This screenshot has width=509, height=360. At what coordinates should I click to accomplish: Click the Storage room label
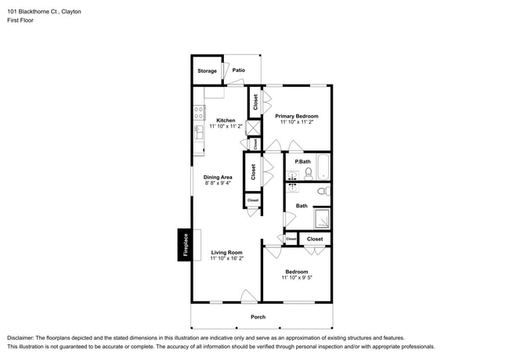207,71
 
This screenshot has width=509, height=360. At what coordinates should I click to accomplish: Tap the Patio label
239,70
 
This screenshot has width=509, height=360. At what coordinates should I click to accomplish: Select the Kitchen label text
226,121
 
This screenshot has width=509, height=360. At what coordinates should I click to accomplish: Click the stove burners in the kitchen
198,115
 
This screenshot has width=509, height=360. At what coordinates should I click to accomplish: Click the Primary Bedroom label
297,116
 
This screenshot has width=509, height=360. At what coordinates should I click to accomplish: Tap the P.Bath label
302,161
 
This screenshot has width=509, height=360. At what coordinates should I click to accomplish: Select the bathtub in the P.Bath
323,168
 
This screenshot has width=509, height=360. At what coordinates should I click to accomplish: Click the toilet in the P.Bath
308,173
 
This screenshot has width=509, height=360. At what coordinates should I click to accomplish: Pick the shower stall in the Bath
322,218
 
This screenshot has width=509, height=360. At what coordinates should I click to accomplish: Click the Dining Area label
218,177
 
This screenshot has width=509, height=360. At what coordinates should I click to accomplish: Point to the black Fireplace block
185,245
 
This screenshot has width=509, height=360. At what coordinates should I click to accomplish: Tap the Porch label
258,317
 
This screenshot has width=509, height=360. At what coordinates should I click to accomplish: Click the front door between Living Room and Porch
249,297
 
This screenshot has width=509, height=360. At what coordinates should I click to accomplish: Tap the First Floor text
21,21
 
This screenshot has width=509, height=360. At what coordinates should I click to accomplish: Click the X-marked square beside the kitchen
253,128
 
